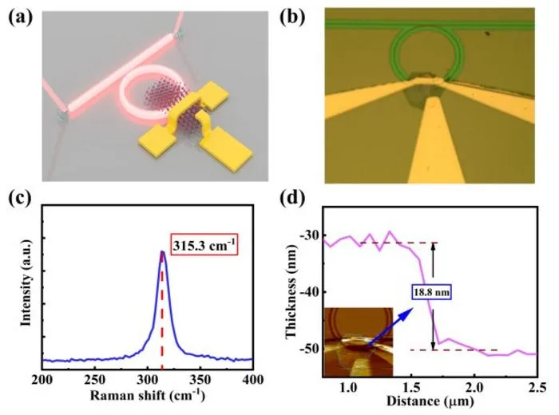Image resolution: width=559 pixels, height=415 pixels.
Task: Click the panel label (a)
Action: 20,18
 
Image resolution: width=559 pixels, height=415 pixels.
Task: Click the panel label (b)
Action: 293,18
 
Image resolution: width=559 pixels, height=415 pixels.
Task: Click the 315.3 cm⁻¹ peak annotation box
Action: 204,245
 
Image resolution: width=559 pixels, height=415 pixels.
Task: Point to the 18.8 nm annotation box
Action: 432,292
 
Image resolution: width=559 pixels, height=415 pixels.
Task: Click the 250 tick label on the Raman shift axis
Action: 94,380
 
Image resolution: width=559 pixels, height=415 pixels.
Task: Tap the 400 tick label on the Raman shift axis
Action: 253,380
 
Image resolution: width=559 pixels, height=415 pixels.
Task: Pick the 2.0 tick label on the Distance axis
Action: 474,387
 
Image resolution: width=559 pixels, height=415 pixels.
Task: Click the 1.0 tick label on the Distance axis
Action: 347,387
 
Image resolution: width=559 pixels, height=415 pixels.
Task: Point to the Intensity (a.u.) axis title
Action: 26,283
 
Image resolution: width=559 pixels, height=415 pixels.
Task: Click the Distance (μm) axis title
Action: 430,401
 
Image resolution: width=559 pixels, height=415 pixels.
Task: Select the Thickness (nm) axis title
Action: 291,291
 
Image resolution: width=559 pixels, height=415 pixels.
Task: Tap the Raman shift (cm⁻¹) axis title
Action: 148,395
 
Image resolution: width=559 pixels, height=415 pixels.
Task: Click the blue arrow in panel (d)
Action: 390,326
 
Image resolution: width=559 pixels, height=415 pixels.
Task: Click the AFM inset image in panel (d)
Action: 359,342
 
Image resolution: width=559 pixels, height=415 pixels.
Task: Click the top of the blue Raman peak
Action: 162,252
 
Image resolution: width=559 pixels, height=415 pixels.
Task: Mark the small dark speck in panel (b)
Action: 487,34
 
